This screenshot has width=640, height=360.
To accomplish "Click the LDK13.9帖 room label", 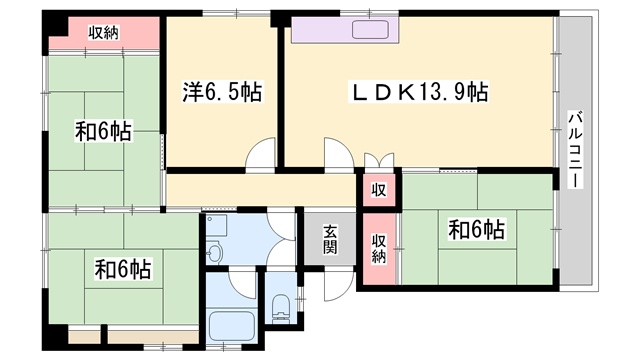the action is [418, 92].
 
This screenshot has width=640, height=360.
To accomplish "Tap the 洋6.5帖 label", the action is [222, 91].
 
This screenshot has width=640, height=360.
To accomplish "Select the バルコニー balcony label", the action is [575, 149].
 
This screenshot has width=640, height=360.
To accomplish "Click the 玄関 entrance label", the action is [331, 240].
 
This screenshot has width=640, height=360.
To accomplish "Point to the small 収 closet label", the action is [379, 190].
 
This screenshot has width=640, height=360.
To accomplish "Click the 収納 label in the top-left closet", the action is [104, 33].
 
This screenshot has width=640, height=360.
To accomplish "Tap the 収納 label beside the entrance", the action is [379, 249].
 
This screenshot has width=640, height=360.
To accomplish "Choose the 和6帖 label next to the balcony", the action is [477, 229].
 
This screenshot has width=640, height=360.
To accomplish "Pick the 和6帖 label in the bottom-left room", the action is [123, 269].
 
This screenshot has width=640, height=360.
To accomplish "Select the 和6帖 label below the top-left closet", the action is [103, 131].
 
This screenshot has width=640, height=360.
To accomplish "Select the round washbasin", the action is [214, 251].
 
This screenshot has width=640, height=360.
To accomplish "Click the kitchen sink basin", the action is [370, 30].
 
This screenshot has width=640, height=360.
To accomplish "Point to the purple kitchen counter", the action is [344, 29].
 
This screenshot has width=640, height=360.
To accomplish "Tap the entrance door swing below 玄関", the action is [338, 285].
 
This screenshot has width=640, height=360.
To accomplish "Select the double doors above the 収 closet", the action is [379, 161].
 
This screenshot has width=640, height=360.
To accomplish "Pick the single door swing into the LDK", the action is [339, 153].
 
